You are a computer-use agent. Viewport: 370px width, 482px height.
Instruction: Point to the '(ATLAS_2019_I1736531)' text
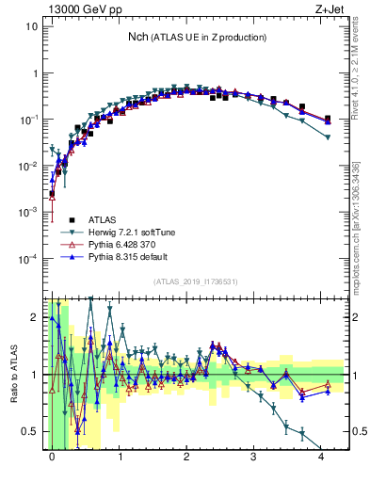(x=195, y=281)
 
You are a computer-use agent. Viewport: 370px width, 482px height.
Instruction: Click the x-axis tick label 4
(x=321, y=455)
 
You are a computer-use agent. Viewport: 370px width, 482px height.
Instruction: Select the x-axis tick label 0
(x=52, y=455)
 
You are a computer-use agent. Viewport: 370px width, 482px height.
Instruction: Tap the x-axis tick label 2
(x=186, y=455)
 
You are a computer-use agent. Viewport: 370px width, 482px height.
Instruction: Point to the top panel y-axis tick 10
(x=32, y=26)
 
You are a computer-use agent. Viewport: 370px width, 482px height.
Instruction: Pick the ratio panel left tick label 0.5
(x=30, y=431)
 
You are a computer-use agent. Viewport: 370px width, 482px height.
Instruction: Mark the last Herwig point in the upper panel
(x=327, y=137)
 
